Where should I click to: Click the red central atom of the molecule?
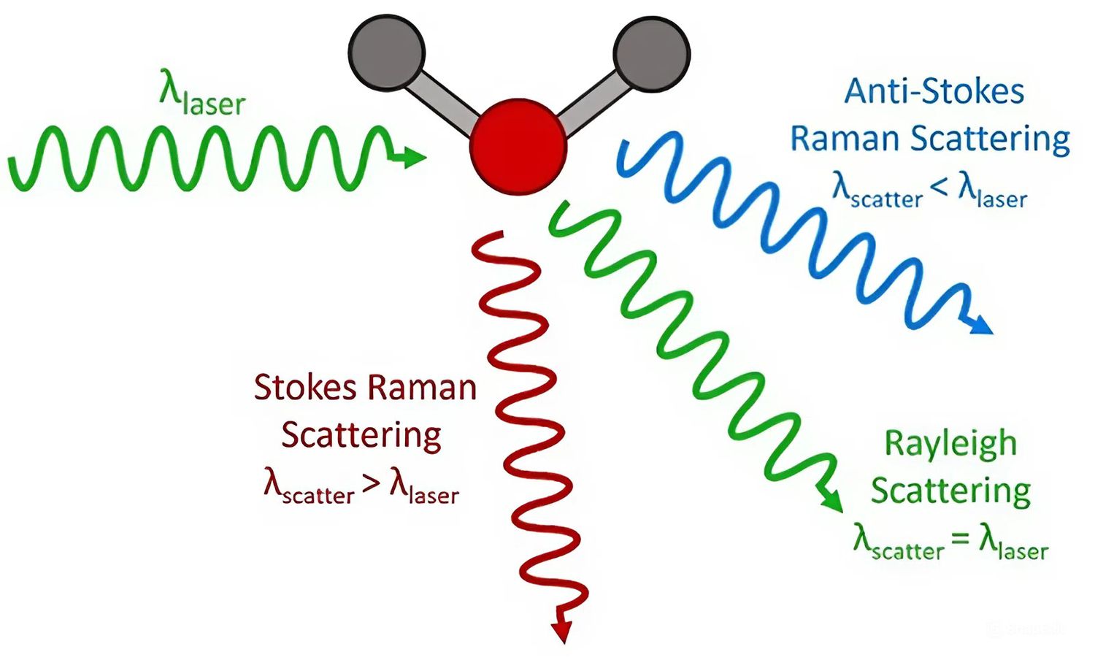coord(518,146)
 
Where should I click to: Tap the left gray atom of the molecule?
coord(386,52)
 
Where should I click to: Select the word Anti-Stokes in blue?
coord(934,92)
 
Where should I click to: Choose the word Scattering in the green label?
coord(950,491)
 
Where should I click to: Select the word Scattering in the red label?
coord(361,435)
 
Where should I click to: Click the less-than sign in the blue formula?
coord(940,188)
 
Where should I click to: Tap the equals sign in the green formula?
coord(961,540)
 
